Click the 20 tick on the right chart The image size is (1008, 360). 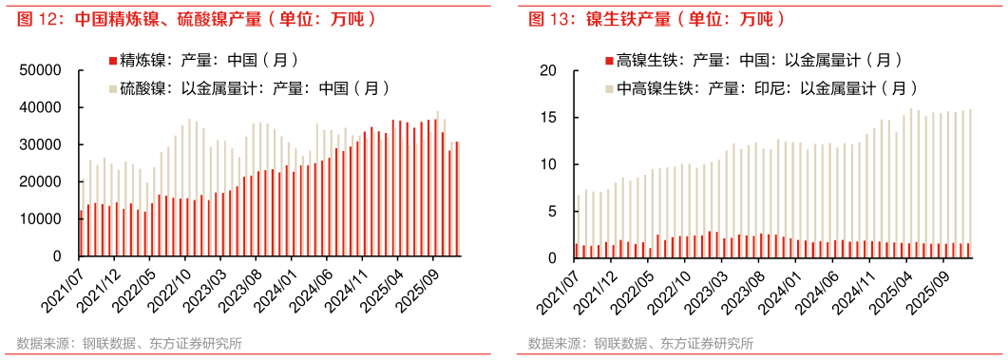click(548, 70)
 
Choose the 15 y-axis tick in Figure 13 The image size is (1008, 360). click(548, 117)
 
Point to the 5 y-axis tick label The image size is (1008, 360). click(552, 211)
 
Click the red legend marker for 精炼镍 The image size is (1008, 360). click(112, 62)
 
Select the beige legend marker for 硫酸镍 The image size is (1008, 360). click(112, 89)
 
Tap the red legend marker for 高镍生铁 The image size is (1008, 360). click(608, 62)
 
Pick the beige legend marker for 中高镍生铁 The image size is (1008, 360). click(608, 89)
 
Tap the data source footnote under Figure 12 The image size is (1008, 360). click(128, 343)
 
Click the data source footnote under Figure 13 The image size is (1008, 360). click(641, 343)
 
